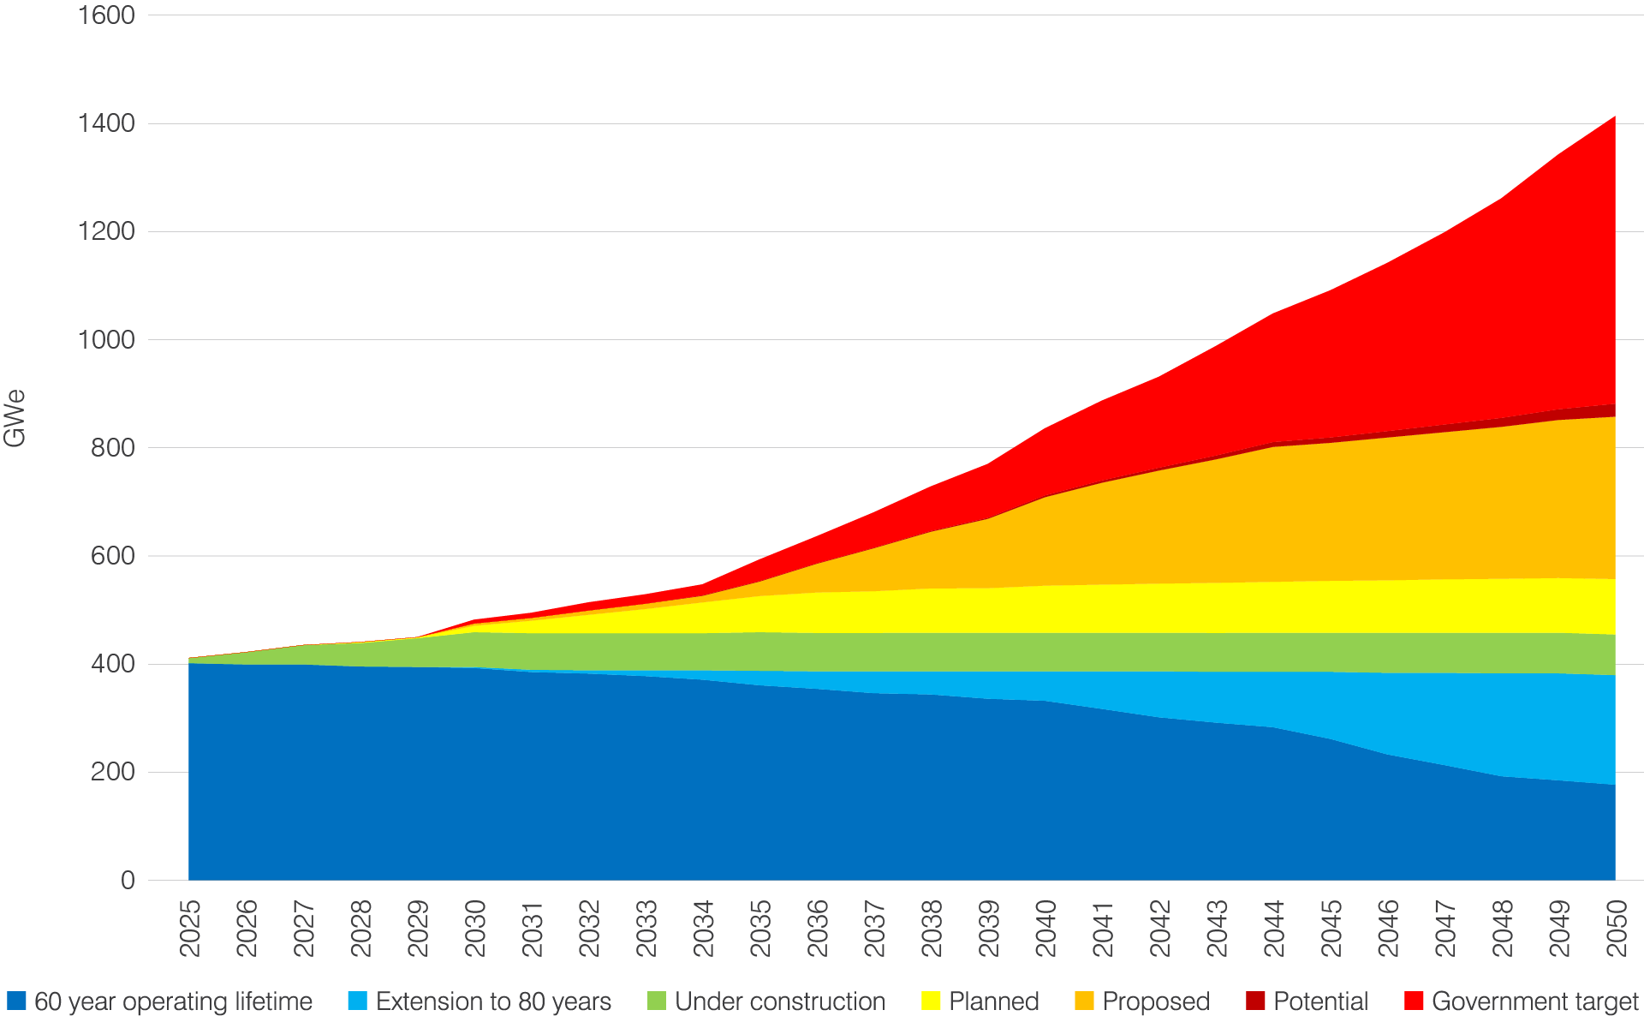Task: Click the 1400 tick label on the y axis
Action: pyautogui.click(x=106, y=123)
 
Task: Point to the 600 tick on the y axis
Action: pyautogui.click(x=113, y=556)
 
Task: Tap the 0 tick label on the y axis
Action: pyautogui.click(x=128, y=881)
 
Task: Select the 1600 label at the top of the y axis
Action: pyautogui.click(x=106, y=15)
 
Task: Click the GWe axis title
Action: pyautogui.click(x=15, y=419)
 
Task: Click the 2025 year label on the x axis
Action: pyautogui.click(x=190, y=928)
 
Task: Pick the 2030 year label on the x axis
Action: pyautogui.click(x=475, y=928)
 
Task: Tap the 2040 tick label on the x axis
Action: pyautogui.click(x=1045, y=928)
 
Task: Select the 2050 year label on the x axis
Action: pyautogui.click(x=1617, y=928)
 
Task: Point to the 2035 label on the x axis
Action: pyautogui.click(x=760, y=928)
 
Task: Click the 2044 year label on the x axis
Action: pyautogui.click(x=1274, y=928)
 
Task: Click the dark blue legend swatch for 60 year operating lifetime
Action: pyautogui.click(x=16, y=1001)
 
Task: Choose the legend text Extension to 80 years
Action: pyautogui.click(x=493, y=1001)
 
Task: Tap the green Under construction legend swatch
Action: pyautogui.click(x=656, y=1001)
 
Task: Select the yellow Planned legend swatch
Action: pyautogui.click(x=931, y=1001)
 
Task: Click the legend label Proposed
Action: pyautogui.click(x=1156, y=1001)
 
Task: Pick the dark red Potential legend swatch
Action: pyautogui.click(x=1255, y=1001)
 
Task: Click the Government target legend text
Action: pyautogui.click(x=1534, y=1001)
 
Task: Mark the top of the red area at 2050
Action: pyautogui.click(x=1614, y=117)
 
